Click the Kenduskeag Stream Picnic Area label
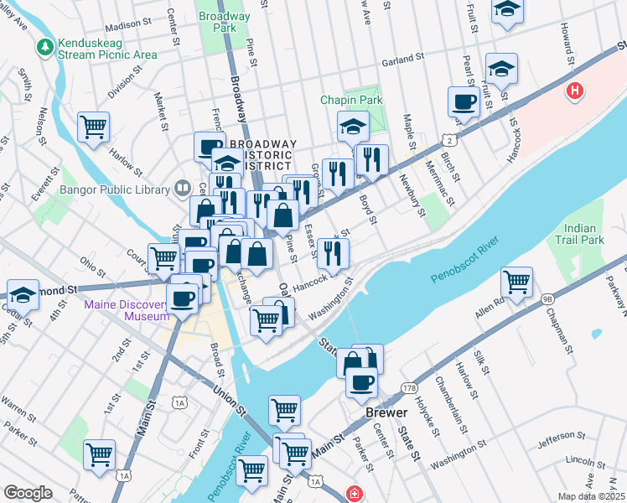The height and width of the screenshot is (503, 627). pyautogui.click(x=107, y=49)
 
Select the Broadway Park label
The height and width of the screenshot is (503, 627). pyautogui.click(x=223, y=22)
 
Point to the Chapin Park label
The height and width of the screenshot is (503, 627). pyautogui.click(x=351, y=100)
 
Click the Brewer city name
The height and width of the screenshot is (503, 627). pyautogui.click(x=386, y=413)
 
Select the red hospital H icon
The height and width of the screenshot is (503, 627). pyautogui.click(x=574, y=91)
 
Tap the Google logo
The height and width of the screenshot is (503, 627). pyautogui.click(x=28, y=493)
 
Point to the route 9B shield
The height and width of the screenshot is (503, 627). pyautogui.click(x=547, y=298)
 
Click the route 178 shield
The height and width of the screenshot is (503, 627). pyautogui.click(x=409, y=387)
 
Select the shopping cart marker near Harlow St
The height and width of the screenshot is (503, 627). pyautogui.click(x=94, y=127)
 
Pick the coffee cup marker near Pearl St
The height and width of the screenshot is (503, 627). pyautogui.click(x=464, y=102)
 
